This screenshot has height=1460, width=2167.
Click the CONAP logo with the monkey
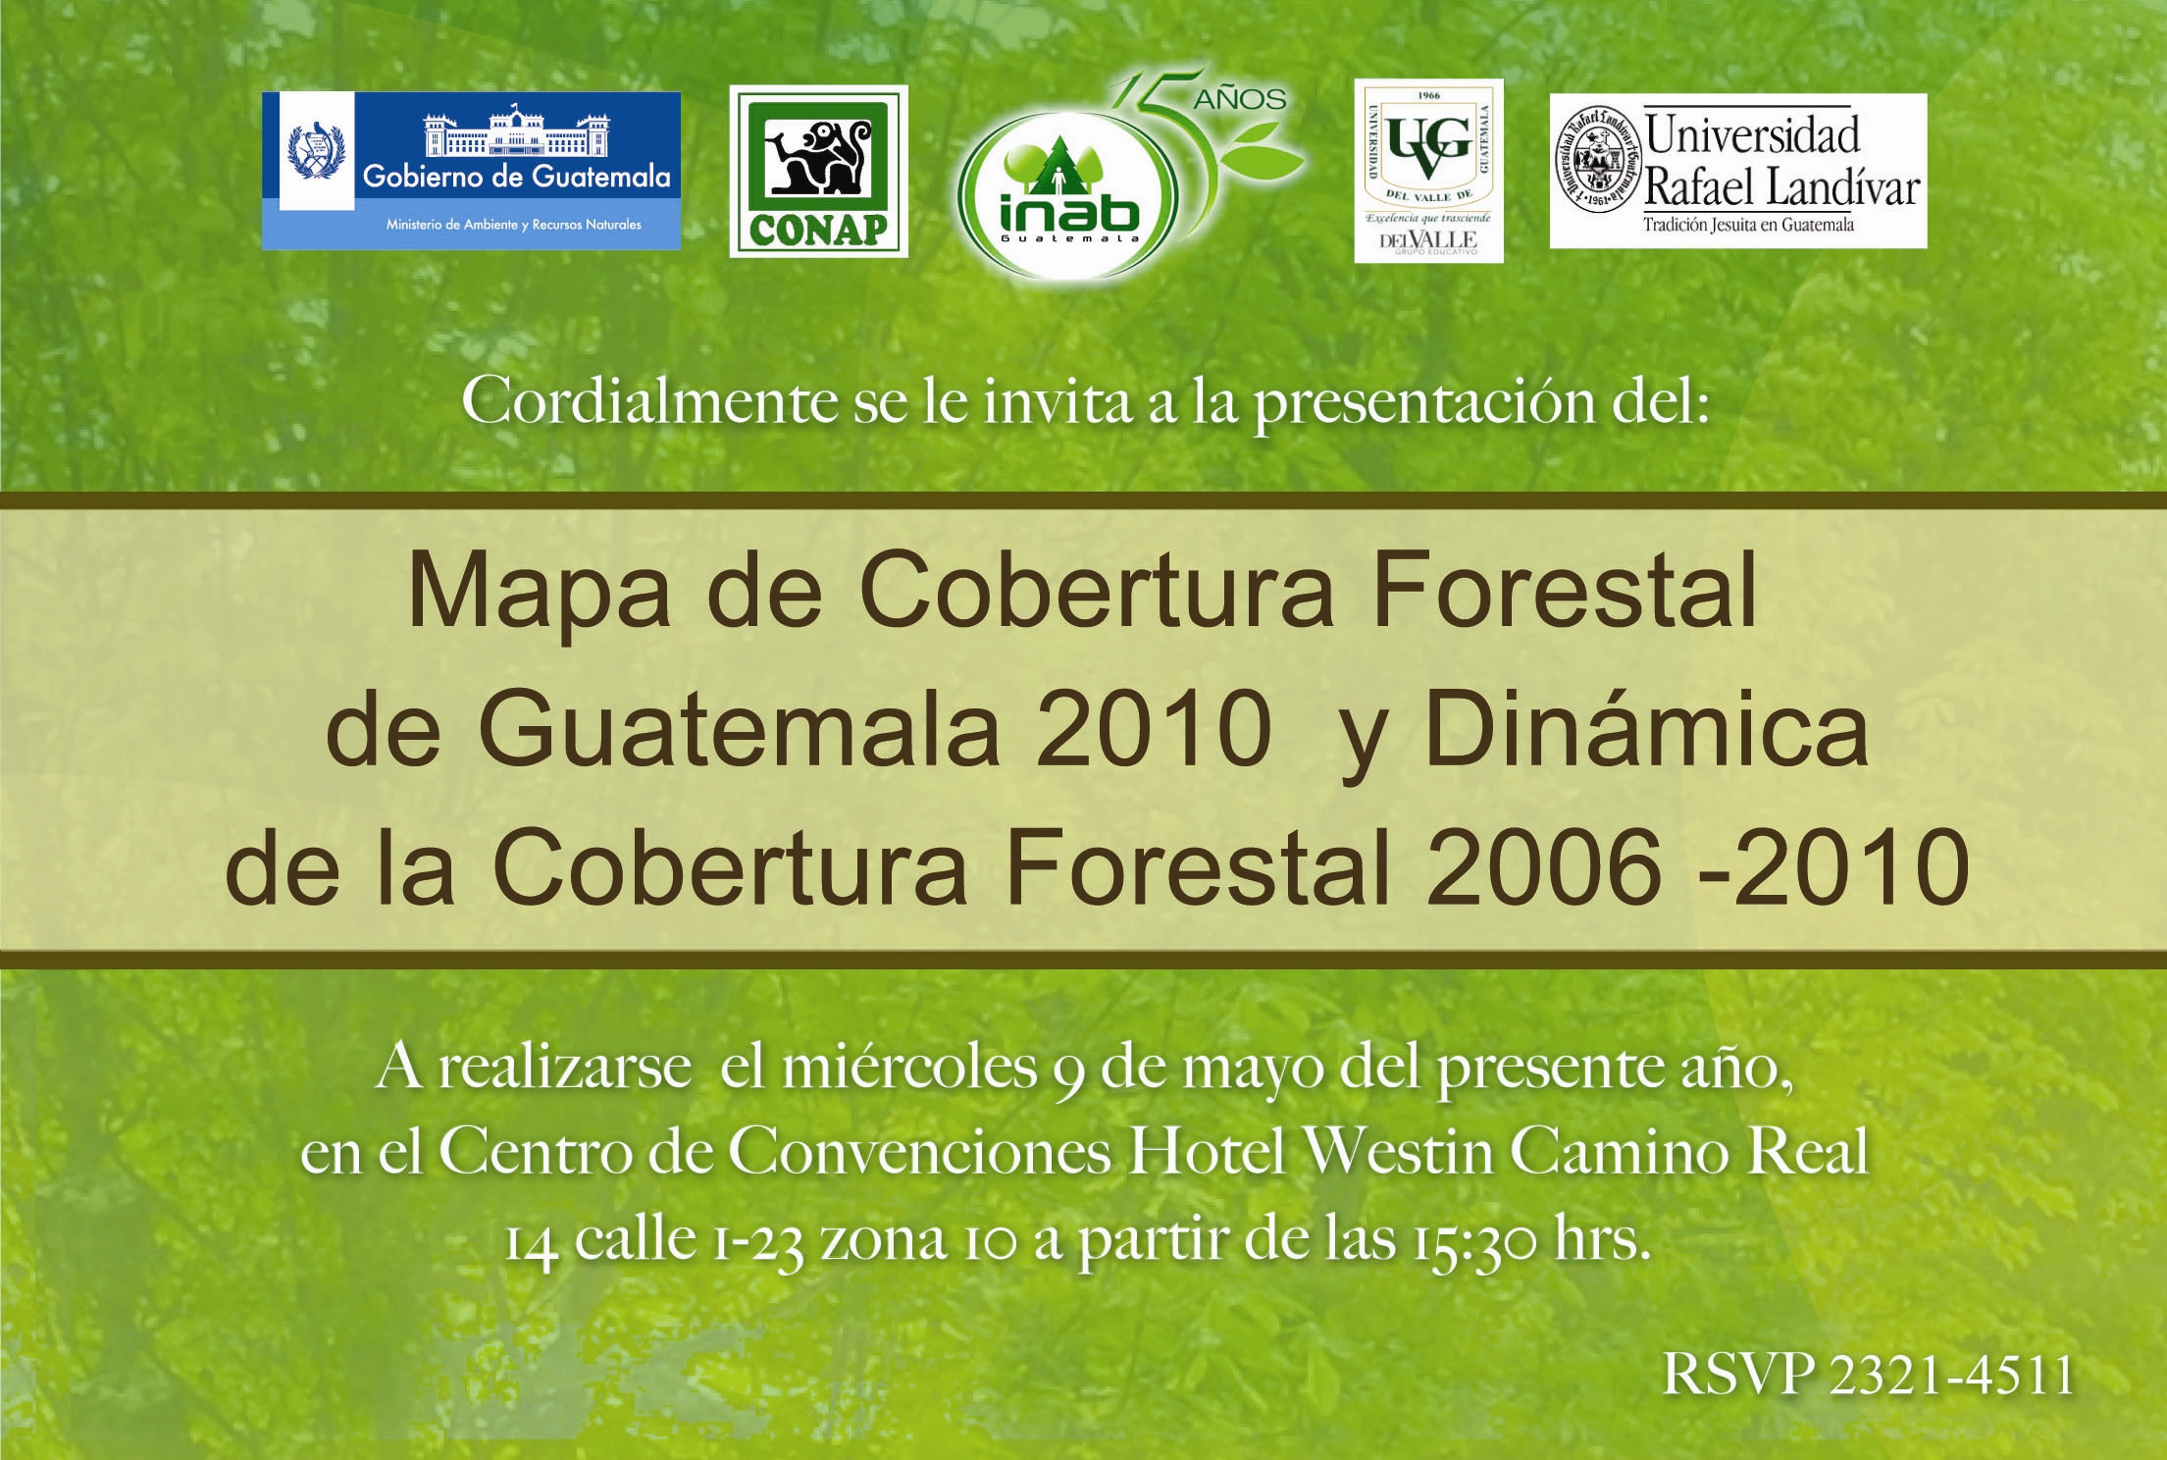pos(818,172)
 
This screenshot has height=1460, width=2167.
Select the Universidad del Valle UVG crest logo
pos(1428,171)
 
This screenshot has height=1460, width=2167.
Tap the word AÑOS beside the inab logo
pos(1239,99)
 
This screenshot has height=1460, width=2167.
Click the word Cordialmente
pos(648,400)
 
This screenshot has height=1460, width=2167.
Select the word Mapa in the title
pos(539,595)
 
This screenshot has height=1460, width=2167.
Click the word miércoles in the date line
pos(909,1068)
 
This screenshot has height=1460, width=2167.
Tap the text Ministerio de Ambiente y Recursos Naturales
pos(514,225)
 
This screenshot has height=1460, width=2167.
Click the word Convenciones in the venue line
pos(918,1152)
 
